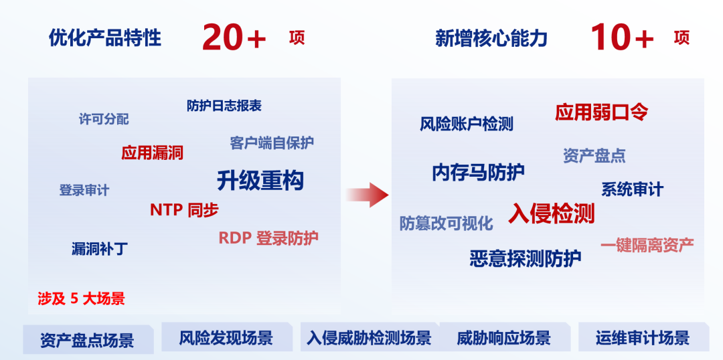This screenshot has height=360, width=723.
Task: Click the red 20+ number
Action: [x=234, y=37]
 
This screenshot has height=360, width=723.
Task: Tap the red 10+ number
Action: [x=621, y=37]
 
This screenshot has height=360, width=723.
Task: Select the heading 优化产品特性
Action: [x=105, y=37]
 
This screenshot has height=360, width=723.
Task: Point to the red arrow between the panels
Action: [x=367, y=195]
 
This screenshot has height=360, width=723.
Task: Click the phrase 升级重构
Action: [x=260, y=180]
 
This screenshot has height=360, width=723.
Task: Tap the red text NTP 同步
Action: [x=184, y=210]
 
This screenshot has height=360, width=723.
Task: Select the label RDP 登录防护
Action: [x=268, y=238]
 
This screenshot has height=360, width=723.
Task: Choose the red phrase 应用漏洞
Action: [x=152, y=152]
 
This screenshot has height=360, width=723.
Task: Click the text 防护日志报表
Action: [x=224, y=106]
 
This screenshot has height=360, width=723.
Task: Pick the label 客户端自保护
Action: [x=272, y=143]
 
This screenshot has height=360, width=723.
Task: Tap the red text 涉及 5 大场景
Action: [x=81, y=299]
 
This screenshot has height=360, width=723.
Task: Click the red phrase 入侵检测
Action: [x=552, y=213]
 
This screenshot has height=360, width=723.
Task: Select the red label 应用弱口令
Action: [x=602, y=112]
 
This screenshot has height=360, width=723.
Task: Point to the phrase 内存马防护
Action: [x=478, y=173]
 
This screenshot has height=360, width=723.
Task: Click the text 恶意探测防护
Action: [x=526, y=258]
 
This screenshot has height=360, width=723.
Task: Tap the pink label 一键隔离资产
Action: [x=647, y=245]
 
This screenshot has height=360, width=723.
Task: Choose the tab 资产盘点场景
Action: [x=88, y=340]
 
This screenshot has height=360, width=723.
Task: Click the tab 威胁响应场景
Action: [x=504, y=339]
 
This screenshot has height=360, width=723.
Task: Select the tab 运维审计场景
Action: [x=642, y=339]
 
